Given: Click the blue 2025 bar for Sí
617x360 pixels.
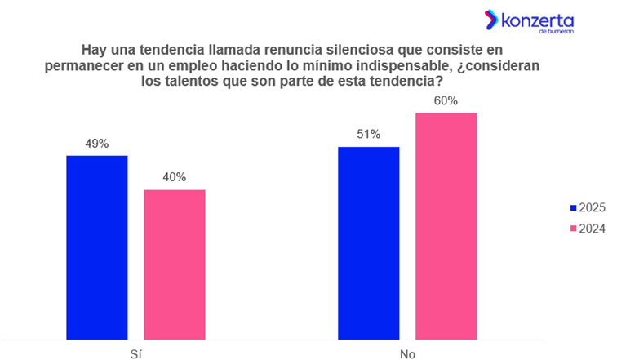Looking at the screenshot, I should (97, 246).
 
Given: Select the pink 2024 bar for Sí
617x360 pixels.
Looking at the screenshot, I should (175, 264).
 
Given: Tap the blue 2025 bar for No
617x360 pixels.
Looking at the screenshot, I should (369, 242).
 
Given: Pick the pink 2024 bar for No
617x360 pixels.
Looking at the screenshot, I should (446, 224).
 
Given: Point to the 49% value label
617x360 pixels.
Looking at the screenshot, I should (97, 144).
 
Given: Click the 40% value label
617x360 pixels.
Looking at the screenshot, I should (174, 177).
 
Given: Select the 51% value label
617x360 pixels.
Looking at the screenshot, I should (369, 135).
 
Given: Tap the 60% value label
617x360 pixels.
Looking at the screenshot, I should (446, 100).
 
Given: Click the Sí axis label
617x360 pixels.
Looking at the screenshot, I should (135, 350).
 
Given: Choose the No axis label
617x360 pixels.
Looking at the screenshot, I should (406, 350).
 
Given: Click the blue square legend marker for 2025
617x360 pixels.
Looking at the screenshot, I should (573, 208).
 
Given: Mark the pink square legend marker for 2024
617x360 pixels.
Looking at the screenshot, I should (573, 229).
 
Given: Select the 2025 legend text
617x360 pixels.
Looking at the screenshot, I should (592, 208).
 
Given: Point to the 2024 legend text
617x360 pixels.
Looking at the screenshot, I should (592, 229).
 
